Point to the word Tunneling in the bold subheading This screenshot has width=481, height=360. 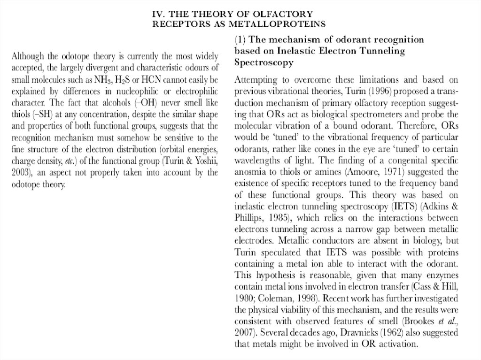pos(383,51)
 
